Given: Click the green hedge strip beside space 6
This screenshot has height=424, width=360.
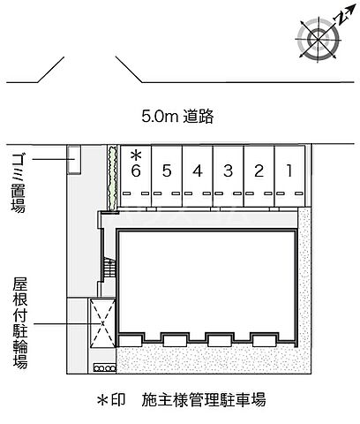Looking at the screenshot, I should (112, 178).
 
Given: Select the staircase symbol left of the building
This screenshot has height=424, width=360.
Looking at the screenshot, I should (109, 266).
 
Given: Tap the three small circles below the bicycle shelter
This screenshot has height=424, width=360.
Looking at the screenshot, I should (104, 365).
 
